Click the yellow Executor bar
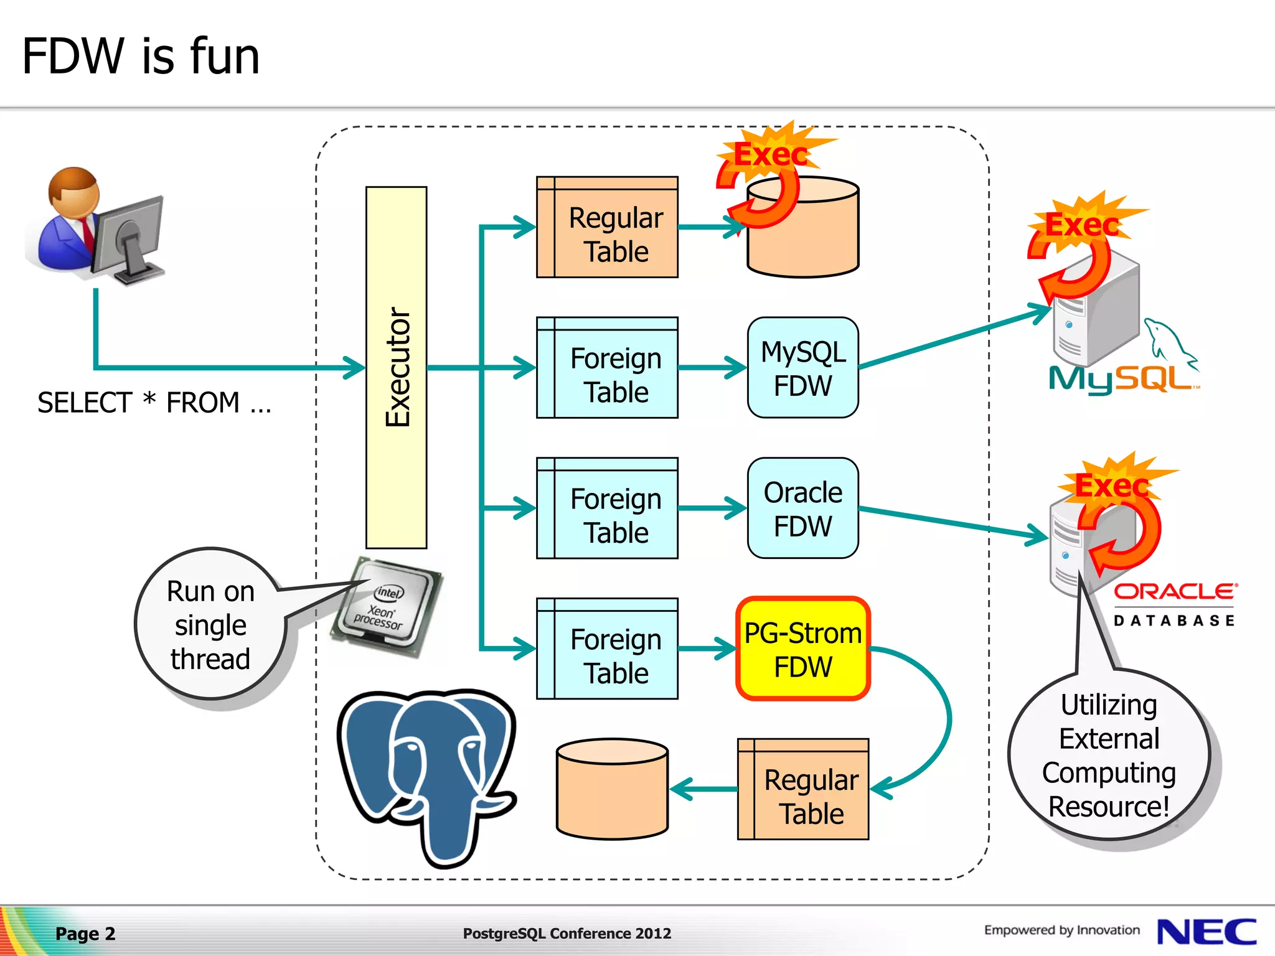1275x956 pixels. coord(397,367)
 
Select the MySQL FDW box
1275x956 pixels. coord(802,368)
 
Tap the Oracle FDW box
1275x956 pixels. coord(802,508)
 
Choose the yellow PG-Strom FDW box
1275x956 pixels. coord(802,649)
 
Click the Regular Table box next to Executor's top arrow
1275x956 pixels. coord(607,227)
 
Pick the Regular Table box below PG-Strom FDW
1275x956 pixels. coord(803,789)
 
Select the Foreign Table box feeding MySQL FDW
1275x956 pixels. coord(607,368)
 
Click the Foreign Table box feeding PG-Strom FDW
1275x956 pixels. coord(607,649)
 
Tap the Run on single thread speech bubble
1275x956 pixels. coord(210,624)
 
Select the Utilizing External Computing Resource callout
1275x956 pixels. coord(1109,755)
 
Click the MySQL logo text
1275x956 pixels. coord(1121,378)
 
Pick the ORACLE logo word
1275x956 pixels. coord(1174,591)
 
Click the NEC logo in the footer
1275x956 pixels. coord(1206,932)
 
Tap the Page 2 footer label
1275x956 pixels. coord(85,934)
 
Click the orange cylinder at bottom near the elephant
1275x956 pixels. coord(612,789)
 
